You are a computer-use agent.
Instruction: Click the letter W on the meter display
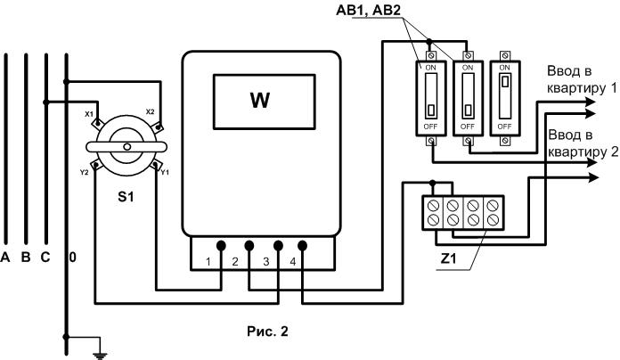(x=260, y=101)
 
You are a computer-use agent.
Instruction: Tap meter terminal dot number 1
(x=221, y=246)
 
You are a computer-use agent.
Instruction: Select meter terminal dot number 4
(x=303, y=246)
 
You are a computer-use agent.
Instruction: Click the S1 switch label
(x=126, y=197)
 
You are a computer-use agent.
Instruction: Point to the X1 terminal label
(x=89, y=114)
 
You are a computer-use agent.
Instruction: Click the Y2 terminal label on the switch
(x=84, y=173)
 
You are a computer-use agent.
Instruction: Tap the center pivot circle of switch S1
(x=126, y=147)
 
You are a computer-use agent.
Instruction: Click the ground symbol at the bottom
(x=101, y=355)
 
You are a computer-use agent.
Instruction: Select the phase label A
(x=5, y=258)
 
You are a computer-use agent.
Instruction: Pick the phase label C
(x=45, y=258)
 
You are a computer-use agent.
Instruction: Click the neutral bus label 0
(x=73, y=258)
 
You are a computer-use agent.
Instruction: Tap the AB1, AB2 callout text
(x=368, y=10)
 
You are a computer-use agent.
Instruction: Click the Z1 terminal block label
(x=448, y=258)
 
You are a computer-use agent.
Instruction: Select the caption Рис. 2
(x=268, y=331)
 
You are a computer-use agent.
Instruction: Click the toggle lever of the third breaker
(x=504, y=82)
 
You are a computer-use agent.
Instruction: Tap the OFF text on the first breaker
(x=430, y=127)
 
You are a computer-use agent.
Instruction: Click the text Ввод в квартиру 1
(x=582, y=79)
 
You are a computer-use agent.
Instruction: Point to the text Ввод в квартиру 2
(x=583, y=143)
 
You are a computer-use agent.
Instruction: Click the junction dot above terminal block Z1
(x=433, y=183)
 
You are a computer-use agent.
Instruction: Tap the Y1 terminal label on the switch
(x=165, y=173)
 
